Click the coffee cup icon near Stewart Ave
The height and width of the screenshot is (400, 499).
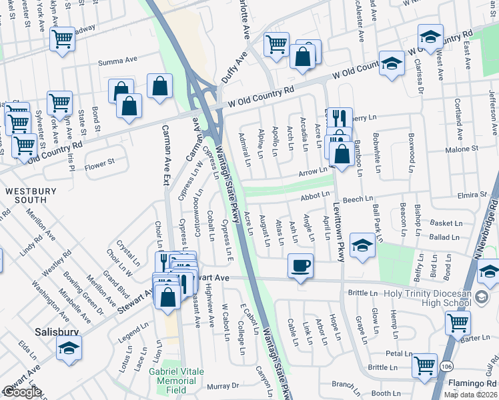coord(300,265)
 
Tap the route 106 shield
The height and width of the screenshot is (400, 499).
coord(445,365)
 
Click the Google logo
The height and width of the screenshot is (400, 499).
coord(22,392)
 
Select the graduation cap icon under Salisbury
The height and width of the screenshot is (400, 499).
coord(68,348)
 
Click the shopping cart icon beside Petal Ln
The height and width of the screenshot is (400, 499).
coord(424,365)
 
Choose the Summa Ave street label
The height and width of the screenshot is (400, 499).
coord(117,61)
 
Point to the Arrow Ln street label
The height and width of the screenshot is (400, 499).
coord(312,173)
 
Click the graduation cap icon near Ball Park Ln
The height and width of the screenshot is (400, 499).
coord(362,245)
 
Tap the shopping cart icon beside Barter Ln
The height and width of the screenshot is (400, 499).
coord(458,323)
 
